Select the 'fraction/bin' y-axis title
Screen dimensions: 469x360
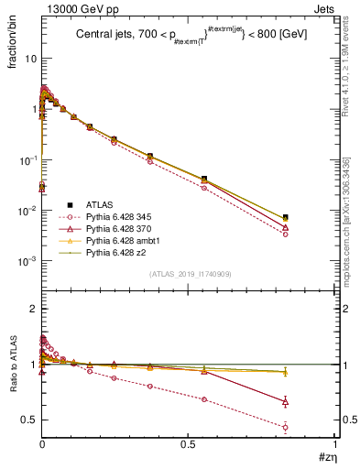point(13,49)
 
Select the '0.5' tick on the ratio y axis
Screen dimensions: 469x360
point(29,420)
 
